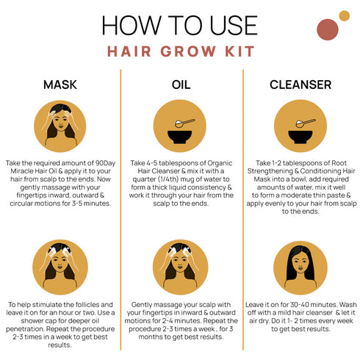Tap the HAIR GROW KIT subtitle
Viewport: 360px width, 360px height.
pos(180,51)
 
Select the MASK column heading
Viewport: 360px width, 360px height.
pos(61,86)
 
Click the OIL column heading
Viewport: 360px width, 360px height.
pos(180,86)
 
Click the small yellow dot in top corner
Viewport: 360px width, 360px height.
pos(344,15)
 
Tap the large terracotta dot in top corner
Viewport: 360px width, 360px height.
pos(326,29)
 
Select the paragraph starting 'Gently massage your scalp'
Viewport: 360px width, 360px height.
pos(180,320)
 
